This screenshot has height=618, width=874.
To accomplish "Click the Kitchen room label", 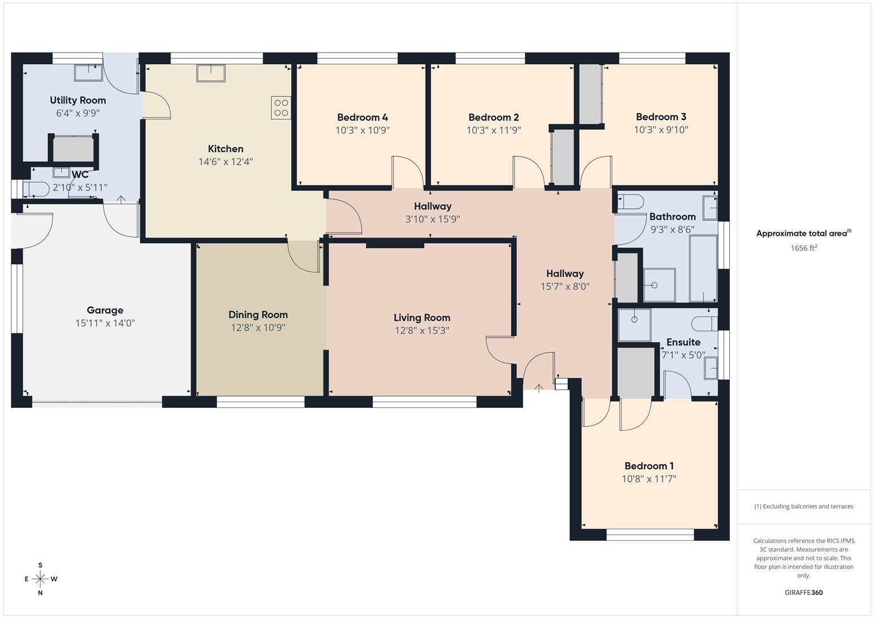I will (x=226, y=149).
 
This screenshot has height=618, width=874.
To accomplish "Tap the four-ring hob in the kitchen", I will (x=281, y=108).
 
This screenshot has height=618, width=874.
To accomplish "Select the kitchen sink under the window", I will (x=211, y=73).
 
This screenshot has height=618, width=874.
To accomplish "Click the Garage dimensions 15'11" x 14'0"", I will (x=105, y=323).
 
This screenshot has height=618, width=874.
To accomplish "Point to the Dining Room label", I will (x=258, y=315).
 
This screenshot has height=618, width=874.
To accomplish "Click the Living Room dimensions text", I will (x=421, y=331).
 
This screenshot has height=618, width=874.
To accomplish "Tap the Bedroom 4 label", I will (x=362, y=117).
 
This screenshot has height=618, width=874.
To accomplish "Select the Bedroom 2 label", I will (x=493, y=117).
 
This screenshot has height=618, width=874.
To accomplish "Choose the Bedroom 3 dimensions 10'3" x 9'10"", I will (x=661, y=130).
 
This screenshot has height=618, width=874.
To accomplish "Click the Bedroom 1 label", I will (x=649, y=466).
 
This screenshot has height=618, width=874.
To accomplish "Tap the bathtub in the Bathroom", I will (x=703, y=268).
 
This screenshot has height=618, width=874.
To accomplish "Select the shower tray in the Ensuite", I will (x=634, y=324).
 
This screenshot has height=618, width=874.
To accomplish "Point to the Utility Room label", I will (x=78, y=100).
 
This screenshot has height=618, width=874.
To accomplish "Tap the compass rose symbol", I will (x=40, y=579).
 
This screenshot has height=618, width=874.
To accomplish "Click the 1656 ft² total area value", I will (x=803, y=248).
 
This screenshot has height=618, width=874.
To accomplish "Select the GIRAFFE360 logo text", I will (x=803, y=593).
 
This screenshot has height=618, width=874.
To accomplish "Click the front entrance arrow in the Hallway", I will (x=539, y=388).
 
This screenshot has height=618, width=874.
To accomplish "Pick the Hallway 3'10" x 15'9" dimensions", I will (x=433, y=219).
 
